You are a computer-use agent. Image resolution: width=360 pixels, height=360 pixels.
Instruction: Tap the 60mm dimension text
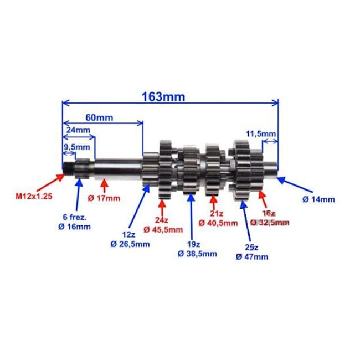[x=100, y=117]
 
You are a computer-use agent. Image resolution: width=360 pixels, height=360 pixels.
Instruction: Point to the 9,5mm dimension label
[x=76, y=147]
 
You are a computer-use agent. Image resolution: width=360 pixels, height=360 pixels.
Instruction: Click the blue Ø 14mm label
[x=319, y=198]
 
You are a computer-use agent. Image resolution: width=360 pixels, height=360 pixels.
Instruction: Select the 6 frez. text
[x=76, y=217]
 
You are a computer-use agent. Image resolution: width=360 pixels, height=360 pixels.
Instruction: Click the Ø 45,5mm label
[x=163, y=229]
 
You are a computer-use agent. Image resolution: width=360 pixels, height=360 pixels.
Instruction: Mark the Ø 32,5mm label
[x=270, y=223]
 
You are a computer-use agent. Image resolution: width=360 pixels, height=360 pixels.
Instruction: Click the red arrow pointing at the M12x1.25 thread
[x=53, y=179]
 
